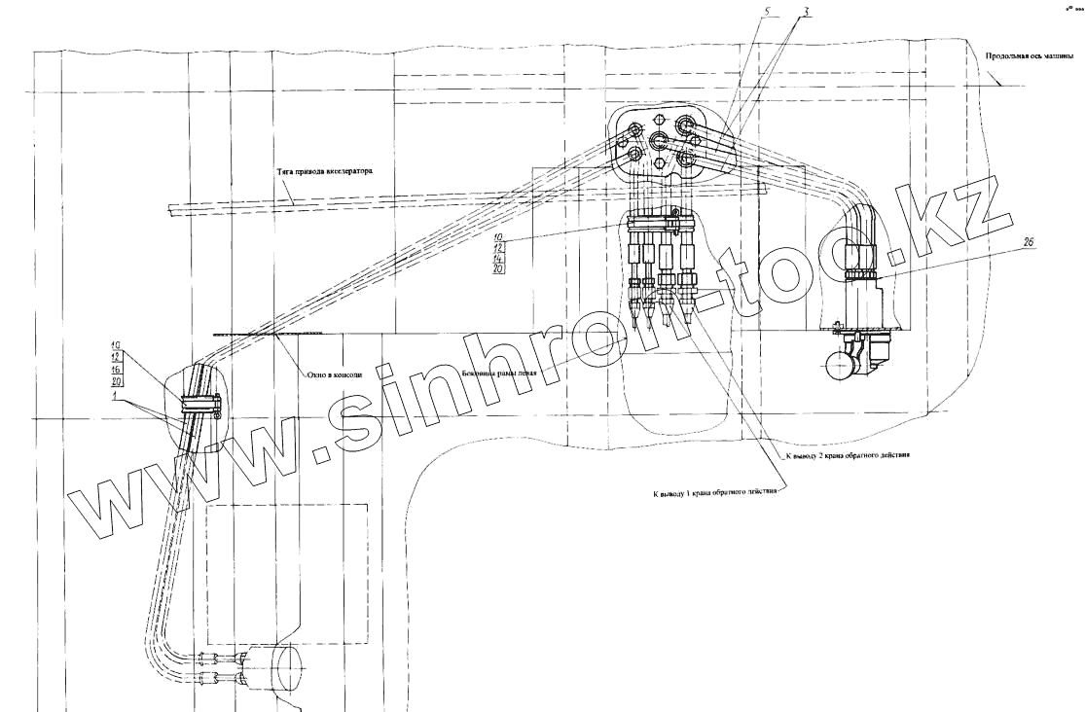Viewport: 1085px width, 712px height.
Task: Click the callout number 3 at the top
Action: pos(807,14)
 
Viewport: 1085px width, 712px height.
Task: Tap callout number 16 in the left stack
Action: pos(116,371)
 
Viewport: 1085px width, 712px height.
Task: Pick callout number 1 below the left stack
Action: pos(116,398)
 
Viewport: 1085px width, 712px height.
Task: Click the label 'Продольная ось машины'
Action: pos(1029,56)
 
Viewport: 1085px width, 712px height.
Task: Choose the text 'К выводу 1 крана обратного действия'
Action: pos(715,493)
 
